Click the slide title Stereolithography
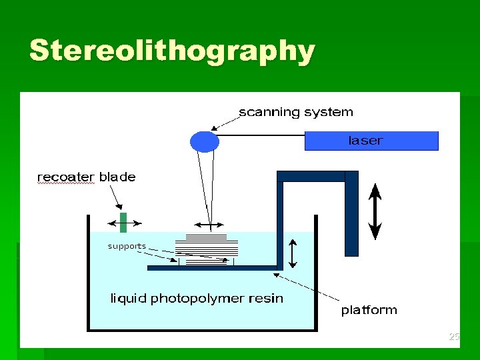pyautogui.click(x=171, y=51)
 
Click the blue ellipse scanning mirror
pyautogui.click(x=205, y=141)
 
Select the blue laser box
pyautogui.click(x=371, y=141)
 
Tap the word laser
pyautogui.click(x=365, y=141)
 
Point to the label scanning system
pyautogui.click(x=296, y=112)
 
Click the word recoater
pyautogui.click(x=66, y=177)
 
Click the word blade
pyautogui.click(x=117, y=177)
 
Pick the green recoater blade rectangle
pyautogui.click(x=123, y=222)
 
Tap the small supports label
pyautogui.click(x=127, y=246)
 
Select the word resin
pyautogui.click(x=267, y=299)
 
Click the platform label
pyautogui.click(x=369, y=310)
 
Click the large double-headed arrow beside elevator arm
pyautogui.click(x=375, y=211)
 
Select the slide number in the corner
pyautogui.click(x=454, y=337)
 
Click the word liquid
pyautogui.click(x=128, y=299)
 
